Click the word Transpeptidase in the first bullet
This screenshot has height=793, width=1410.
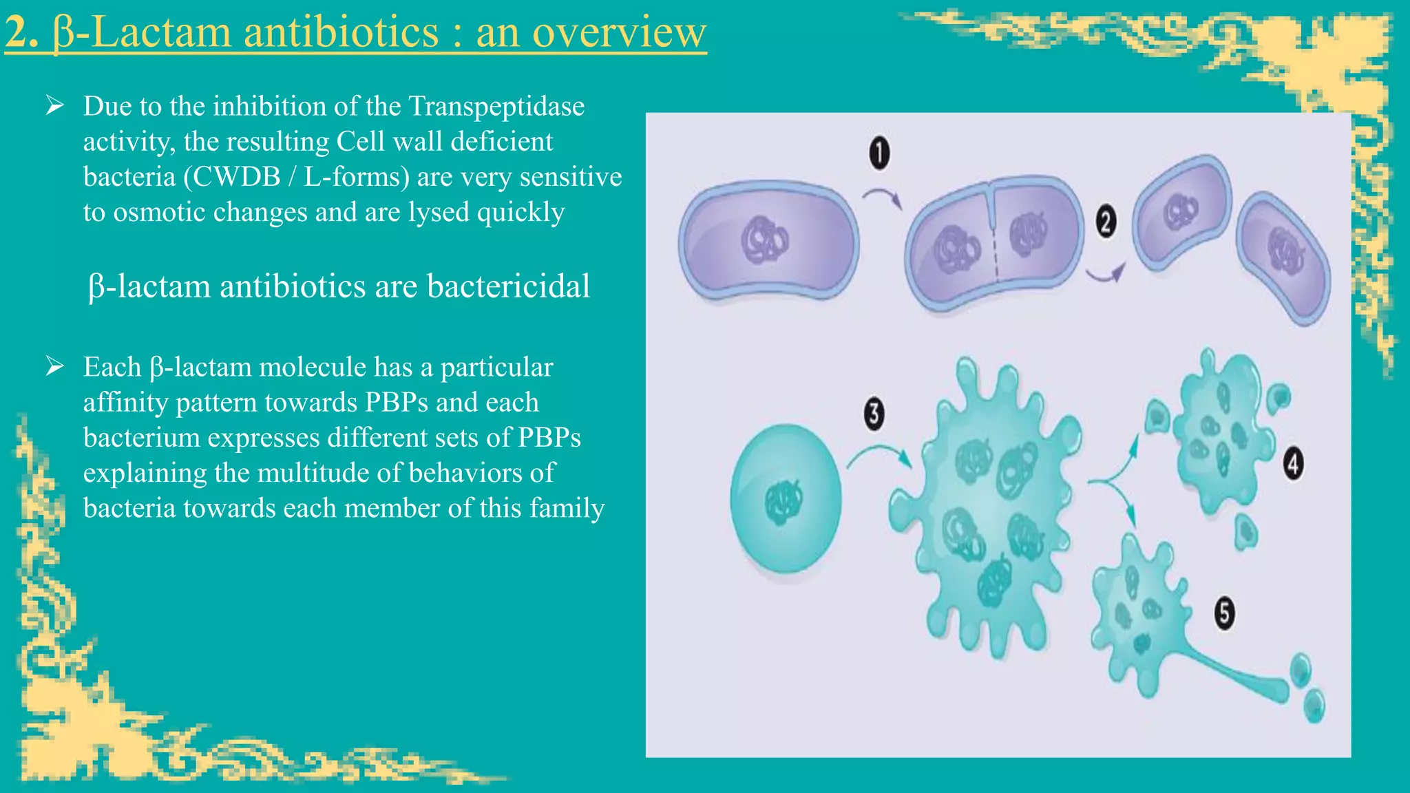(496, 107)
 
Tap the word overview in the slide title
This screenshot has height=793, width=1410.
(619, 32)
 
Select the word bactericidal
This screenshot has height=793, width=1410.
(508, 286)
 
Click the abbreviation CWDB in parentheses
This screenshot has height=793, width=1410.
(237, 178)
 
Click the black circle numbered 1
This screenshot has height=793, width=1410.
(879, 153)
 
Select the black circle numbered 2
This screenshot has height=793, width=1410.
(1106, 222)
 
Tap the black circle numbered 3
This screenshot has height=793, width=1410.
(874, 414)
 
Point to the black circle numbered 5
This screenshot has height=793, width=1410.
(1224, 612)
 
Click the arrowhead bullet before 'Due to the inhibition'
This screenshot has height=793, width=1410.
(55, 106)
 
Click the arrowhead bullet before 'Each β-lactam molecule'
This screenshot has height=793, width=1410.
(55, 367)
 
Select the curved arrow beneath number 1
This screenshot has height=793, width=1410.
(883, 198)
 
